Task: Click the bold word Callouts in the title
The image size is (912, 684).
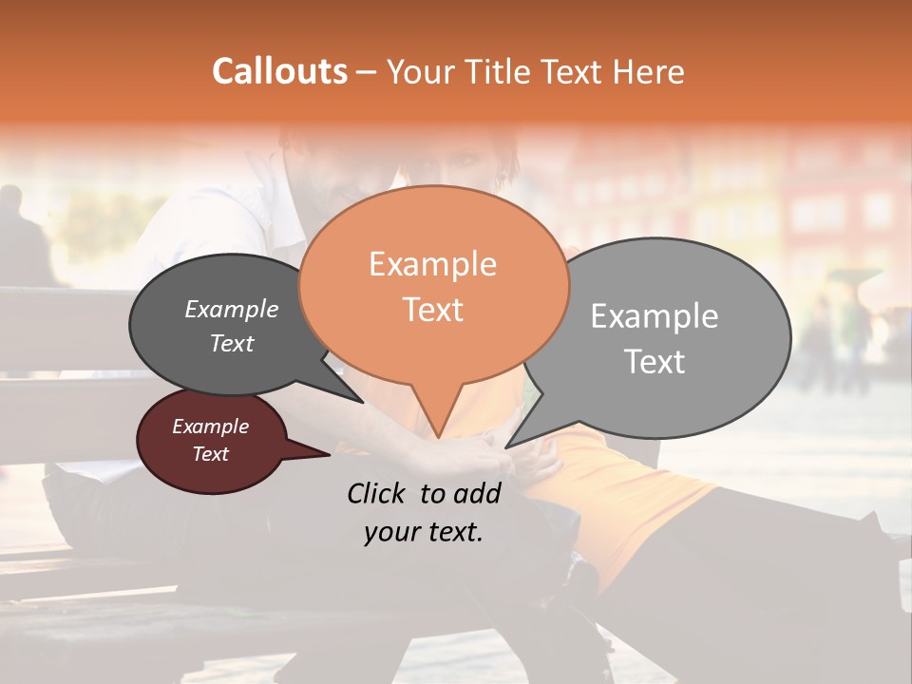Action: coord(279,71)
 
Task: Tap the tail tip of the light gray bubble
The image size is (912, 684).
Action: coord(506,446)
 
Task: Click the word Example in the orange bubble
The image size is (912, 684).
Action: coord(432,264)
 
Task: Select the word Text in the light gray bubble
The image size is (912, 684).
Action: coord(655,362)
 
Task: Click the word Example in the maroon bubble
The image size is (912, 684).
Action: coord(211,427)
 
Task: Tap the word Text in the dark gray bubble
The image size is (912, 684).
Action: coord(232,344)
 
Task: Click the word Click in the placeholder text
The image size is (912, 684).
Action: coord(379,493)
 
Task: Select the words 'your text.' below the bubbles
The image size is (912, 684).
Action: coord(424,532)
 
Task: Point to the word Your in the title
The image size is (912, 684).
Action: coord(423,71)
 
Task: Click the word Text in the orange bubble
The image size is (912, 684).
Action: coord(432,310)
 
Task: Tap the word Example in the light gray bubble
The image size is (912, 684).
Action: coord(655,316)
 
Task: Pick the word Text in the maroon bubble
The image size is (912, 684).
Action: coord(211,454)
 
